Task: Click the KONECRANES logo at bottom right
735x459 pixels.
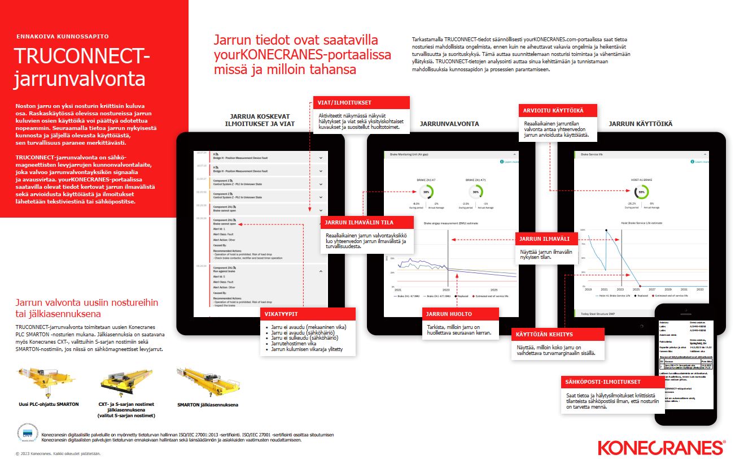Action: pyautogui.click(x=662, y=447)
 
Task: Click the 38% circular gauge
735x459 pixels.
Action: pyautogui.click(x=426, y=192)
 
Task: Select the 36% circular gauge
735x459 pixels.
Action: pyautogui.click(x=476, y=192)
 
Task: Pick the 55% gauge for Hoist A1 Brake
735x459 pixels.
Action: pyautogui.click(x=641, y=192)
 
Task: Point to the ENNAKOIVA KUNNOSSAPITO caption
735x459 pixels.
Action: pyautogui.click(x=62, y=36)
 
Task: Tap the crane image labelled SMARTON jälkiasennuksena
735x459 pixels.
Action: pyautogui.click(x=207, y=379)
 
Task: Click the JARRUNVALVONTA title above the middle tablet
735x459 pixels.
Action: pyautogui.click(x=449, y=123)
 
